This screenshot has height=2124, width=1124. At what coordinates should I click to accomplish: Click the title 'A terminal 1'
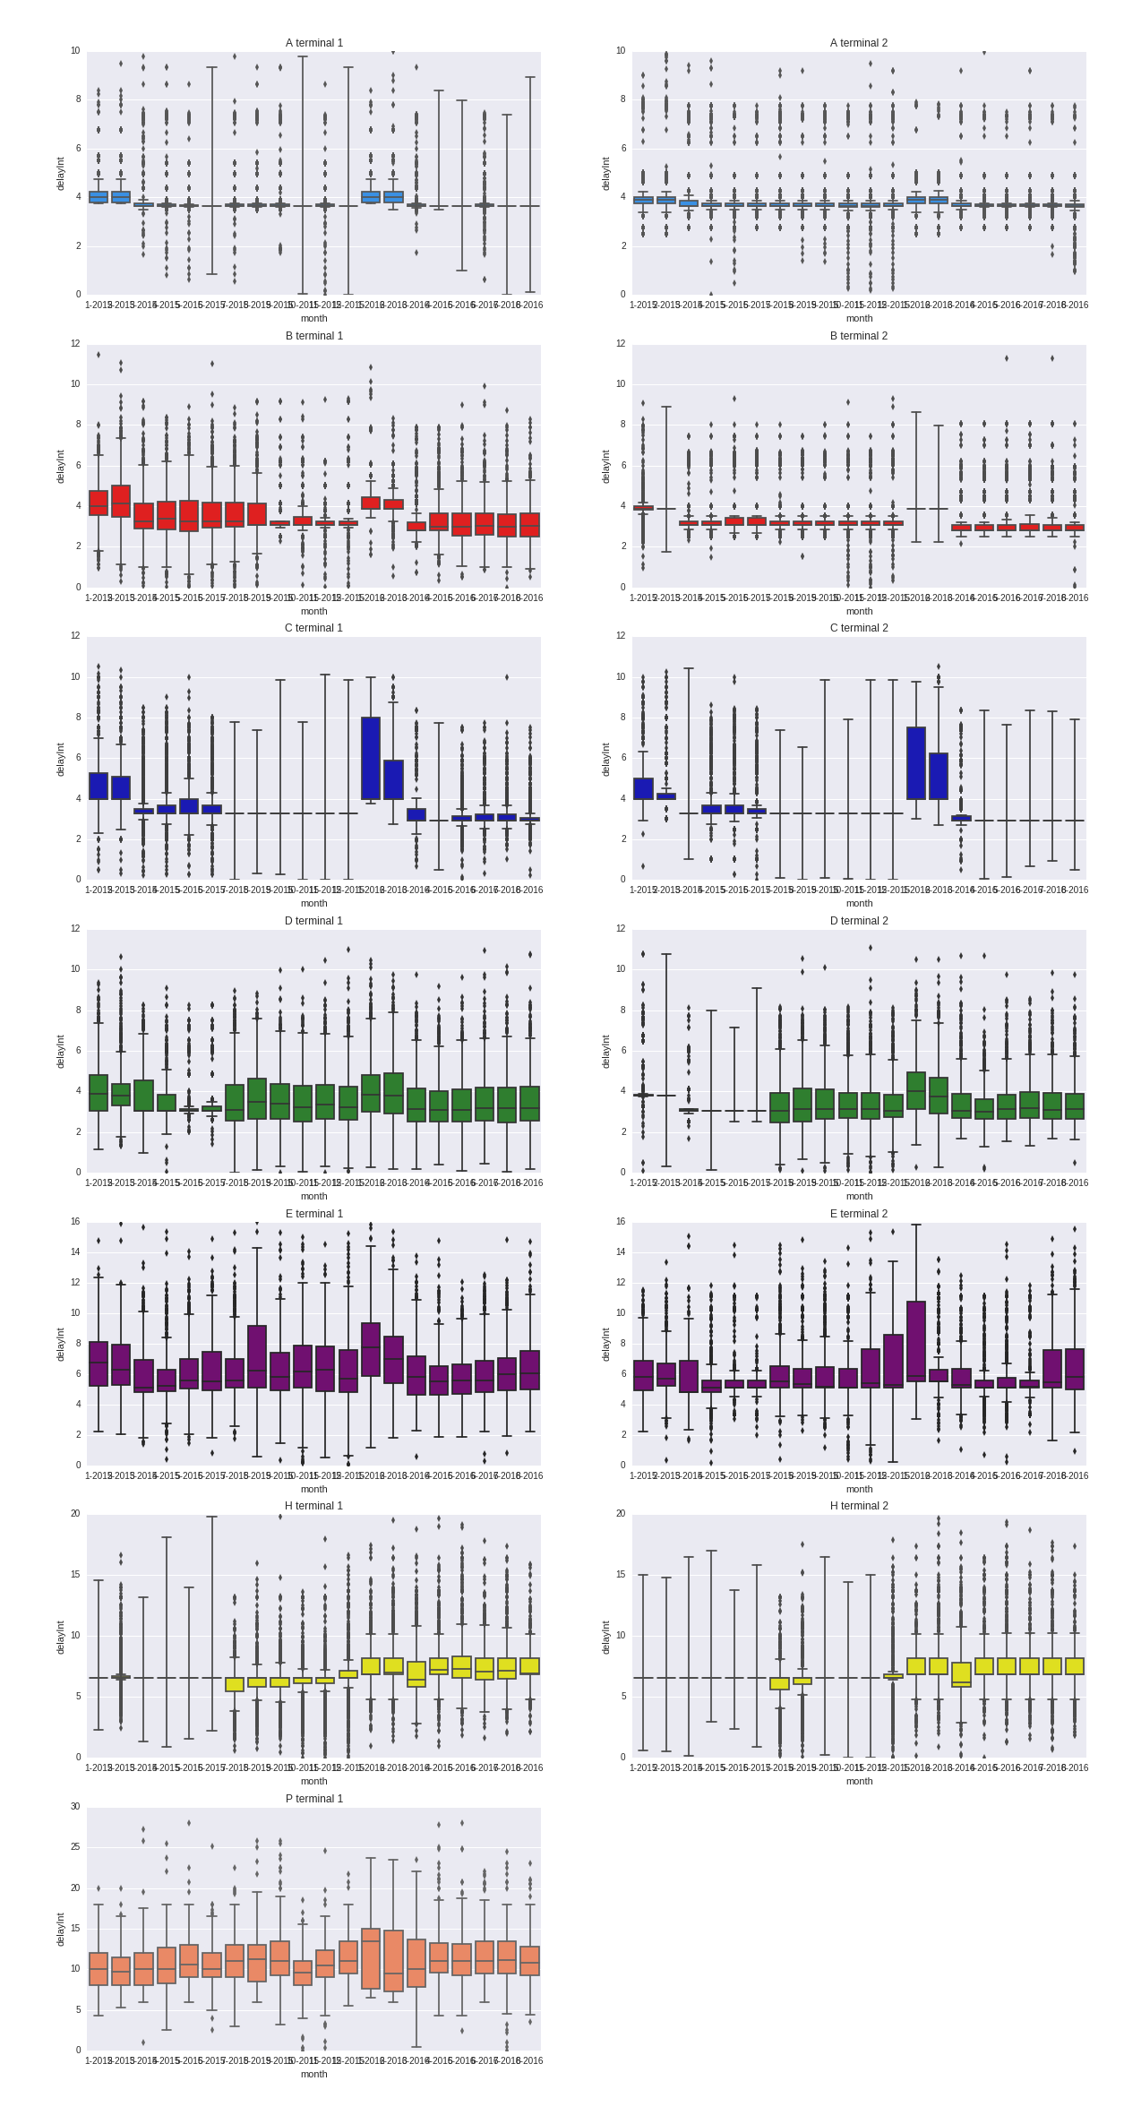(313, 43)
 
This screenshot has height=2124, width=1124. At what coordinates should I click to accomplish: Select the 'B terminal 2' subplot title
(858, 336)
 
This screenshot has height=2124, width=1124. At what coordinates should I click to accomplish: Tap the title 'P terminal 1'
(313, 1799)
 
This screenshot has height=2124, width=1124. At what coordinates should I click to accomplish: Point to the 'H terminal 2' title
(858, 1506)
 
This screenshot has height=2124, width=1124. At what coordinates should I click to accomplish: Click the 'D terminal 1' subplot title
(313, 921)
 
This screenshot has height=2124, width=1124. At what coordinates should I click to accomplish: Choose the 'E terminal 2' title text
(858, 1214)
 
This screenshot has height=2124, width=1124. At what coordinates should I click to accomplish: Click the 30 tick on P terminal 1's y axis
(75, 1807)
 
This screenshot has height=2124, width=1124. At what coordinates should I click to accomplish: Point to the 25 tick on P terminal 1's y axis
(75, 1847)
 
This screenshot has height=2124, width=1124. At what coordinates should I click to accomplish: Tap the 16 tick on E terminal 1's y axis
(75, 1222)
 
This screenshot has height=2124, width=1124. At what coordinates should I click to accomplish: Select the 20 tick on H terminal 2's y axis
(620, 1514)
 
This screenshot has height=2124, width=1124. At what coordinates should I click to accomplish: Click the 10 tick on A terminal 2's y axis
(620, 51)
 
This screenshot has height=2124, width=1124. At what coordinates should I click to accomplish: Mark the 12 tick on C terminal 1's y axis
(75, 636)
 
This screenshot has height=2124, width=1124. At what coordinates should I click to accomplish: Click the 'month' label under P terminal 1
(313, 2074)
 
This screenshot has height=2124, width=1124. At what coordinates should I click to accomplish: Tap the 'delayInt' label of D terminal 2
(605, 1051)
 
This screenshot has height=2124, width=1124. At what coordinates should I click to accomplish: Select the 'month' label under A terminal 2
(858, 318)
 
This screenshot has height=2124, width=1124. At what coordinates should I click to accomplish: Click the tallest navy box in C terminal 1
(370, 758)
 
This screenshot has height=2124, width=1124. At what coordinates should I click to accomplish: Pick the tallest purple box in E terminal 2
(915, 1341)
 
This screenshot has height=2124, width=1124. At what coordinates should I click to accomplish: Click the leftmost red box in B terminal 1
(98, 503)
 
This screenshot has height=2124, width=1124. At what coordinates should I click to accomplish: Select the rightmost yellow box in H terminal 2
(1074, 1665)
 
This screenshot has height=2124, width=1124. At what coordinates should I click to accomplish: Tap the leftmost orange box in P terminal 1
(98, 1969)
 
